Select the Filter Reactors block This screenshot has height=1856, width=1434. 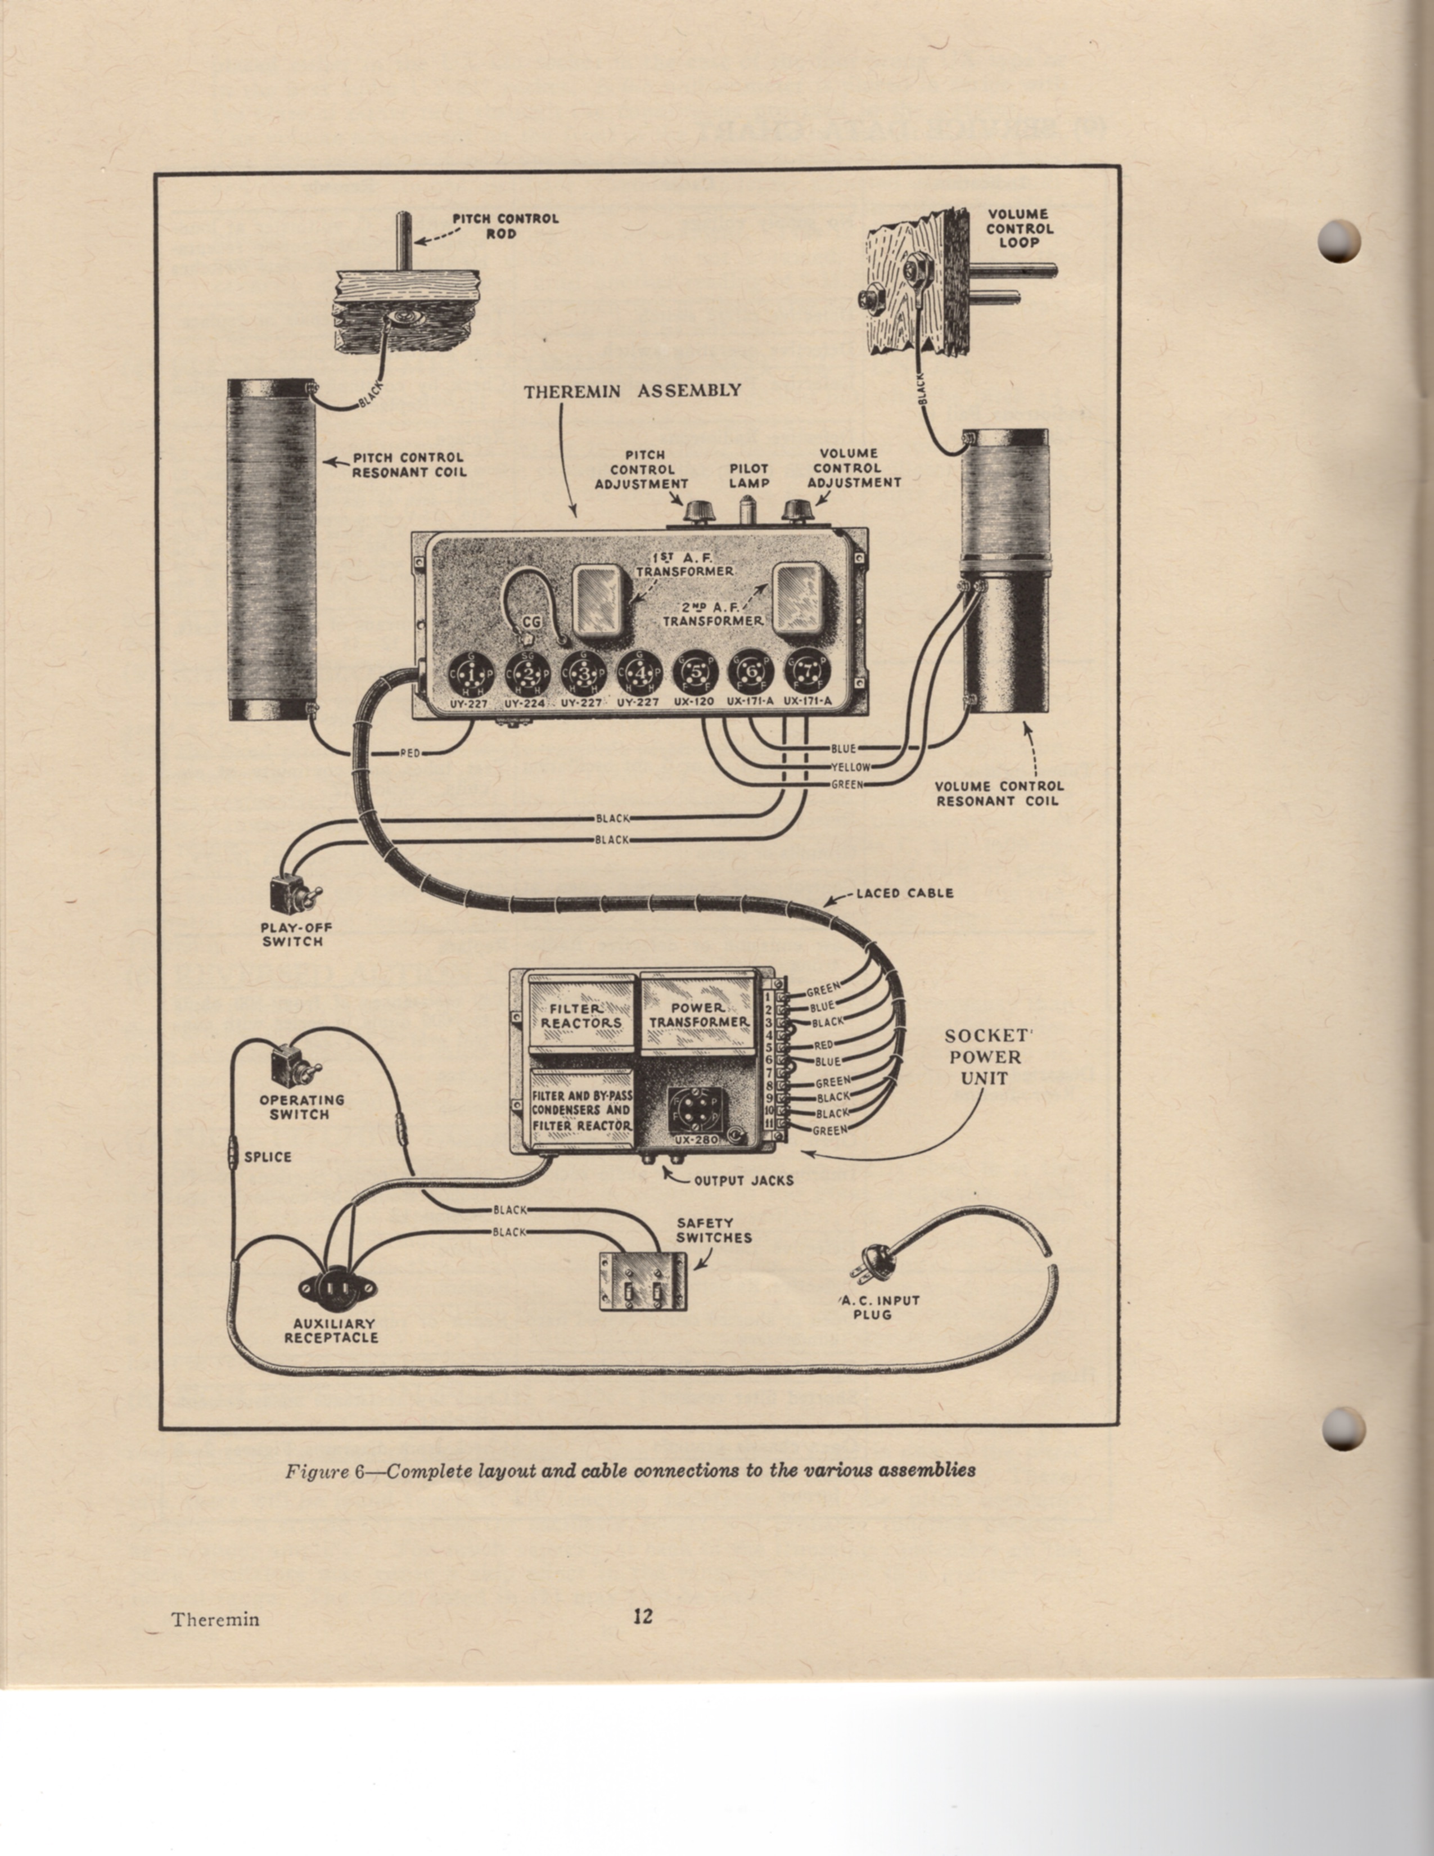coord(582,1016)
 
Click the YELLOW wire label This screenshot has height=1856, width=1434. coord(850,767)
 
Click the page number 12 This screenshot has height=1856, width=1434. coord(643,1616)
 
